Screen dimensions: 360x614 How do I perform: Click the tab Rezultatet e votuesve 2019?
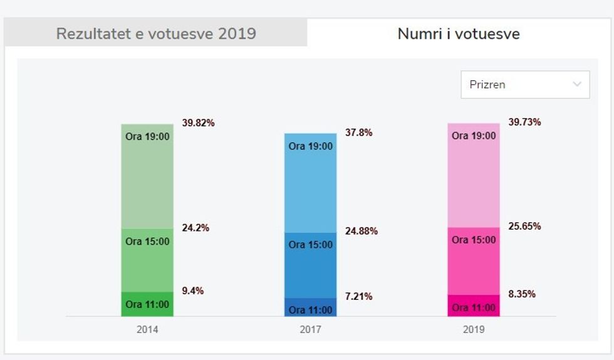click(156, 33)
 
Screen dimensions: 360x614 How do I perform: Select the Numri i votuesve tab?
click(459, 33)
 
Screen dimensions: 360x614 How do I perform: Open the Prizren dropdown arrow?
click(577, 85)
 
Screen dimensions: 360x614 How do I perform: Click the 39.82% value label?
click(198, 123)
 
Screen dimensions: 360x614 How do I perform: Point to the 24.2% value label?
click(195, 228)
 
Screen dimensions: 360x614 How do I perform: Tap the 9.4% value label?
click(193, 291)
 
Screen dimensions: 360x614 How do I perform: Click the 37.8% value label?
click(358, 133)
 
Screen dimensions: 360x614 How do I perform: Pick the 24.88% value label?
click(362, 231)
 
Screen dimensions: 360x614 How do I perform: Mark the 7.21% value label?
click(358, 296)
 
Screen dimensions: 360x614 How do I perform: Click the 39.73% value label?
click(524, 122)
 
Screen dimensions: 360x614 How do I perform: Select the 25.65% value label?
click(524, 226)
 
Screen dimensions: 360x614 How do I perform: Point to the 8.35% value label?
click(522, 294)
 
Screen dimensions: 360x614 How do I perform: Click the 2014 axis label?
click(147, 330)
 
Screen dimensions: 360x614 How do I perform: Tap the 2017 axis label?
click(310, 330)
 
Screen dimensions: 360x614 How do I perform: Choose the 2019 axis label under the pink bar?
click(473, 330)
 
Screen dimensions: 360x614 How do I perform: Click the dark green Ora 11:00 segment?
click(147, 304)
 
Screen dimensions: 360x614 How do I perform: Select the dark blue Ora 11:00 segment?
click(310, 308)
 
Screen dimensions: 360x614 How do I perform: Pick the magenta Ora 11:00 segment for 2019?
click(474, 306)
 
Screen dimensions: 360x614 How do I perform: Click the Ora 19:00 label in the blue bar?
click(310, 147)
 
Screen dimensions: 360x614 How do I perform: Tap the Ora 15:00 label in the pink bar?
click(474, 240)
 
